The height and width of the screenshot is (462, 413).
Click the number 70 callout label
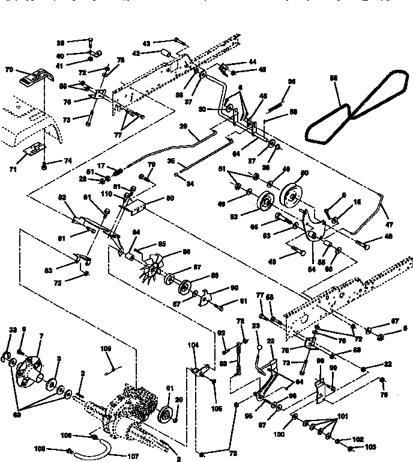(9, 70)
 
